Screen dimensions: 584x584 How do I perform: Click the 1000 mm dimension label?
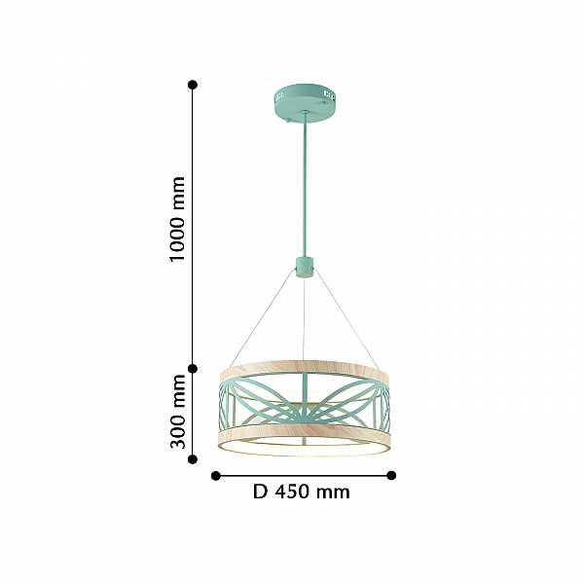point(177,219)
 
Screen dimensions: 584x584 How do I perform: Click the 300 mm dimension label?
point(177,412)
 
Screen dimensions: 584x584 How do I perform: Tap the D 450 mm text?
point(302,492)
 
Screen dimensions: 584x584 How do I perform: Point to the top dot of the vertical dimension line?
point(193,85)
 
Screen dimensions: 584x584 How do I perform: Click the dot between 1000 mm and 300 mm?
point(193,369)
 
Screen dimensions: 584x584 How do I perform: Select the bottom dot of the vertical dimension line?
point(193,459)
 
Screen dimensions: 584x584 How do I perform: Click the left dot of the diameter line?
point(216,476)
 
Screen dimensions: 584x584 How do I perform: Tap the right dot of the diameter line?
point(391,475)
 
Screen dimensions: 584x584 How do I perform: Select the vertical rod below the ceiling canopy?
point(305,185)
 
